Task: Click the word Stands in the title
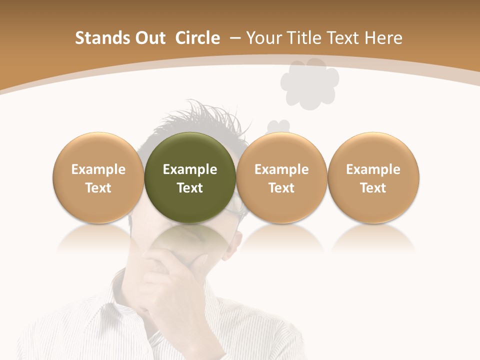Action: tap(98, 38)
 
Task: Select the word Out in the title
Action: tap(148, 38)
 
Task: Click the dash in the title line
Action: tap(235, 38)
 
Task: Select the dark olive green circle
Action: tap(190, 177)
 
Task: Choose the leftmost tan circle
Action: tap(98, 177)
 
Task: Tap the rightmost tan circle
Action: tap(373, 177)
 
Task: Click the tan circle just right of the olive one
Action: tap(281, 177)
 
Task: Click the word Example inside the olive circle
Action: tap(190, 169)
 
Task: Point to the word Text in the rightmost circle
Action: tap(373, 188)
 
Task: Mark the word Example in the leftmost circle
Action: tap(98, 169)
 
